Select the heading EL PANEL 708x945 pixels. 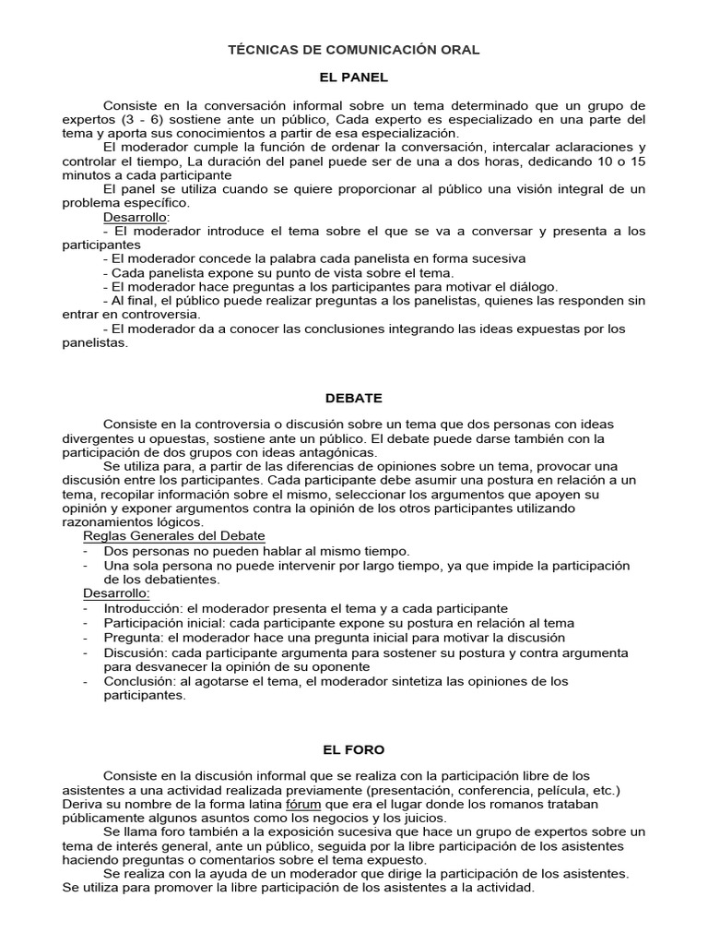[x=354, y=78]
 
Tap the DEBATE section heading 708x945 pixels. [x=354, y=398]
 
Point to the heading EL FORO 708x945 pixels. [x=354, y=750]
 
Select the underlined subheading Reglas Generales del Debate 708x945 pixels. [x=174, y=536]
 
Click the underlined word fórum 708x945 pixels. [x=304, y=804]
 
